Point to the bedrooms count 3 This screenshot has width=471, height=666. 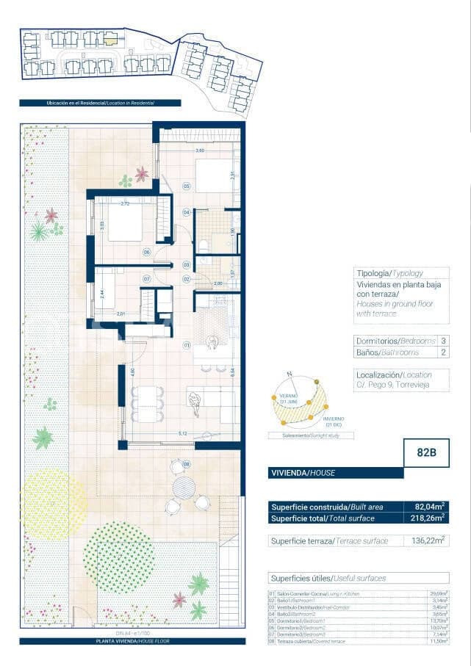(443, 341)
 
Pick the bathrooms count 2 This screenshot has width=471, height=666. (443, 352)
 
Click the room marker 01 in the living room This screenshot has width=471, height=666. (187, 344)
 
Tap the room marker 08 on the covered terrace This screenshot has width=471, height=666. (187, 464)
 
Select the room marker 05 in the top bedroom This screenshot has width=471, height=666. (187, 187)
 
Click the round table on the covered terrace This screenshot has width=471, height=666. (184, 487)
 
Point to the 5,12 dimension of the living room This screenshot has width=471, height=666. (181, 434)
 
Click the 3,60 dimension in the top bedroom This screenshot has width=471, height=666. (199, 151)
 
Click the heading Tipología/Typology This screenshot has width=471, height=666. (389, 273)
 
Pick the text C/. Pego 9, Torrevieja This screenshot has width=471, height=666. (393, 385)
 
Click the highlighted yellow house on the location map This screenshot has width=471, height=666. (109, 39)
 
